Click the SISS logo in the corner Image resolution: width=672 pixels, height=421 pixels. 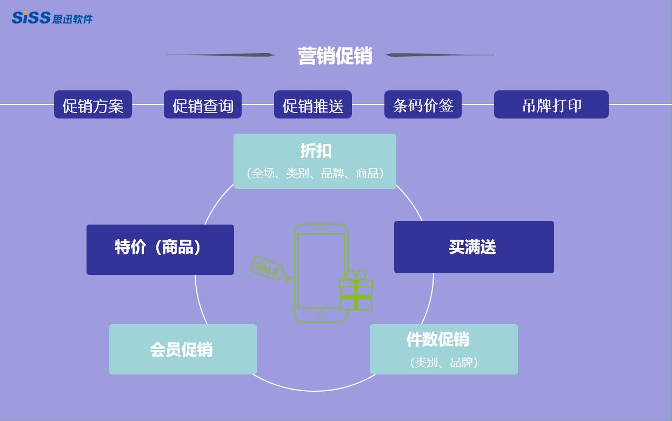[52, 18]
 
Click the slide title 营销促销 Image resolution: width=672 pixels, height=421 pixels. [335, 56]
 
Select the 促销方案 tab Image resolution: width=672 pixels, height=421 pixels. [93, 105]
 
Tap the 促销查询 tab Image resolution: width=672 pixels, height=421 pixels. [203, 105]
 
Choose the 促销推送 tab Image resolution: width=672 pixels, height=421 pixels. [313, 105]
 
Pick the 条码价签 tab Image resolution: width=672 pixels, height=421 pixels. [423, 105]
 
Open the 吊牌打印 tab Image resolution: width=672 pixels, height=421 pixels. [551, 105]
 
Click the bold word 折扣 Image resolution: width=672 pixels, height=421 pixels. [316, 151]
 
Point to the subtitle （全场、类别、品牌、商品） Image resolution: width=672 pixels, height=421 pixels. [315, 173]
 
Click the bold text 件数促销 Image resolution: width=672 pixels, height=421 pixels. [437, 339]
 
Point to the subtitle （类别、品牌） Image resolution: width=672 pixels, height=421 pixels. [444, 363]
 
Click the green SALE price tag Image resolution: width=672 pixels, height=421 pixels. [267, 268]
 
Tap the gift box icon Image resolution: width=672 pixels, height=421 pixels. [356, 293]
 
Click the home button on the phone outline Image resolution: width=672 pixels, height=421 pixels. [321, 315]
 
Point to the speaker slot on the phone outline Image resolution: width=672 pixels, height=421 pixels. [321, 228]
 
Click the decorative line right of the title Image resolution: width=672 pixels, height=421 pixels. [439, 55]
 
